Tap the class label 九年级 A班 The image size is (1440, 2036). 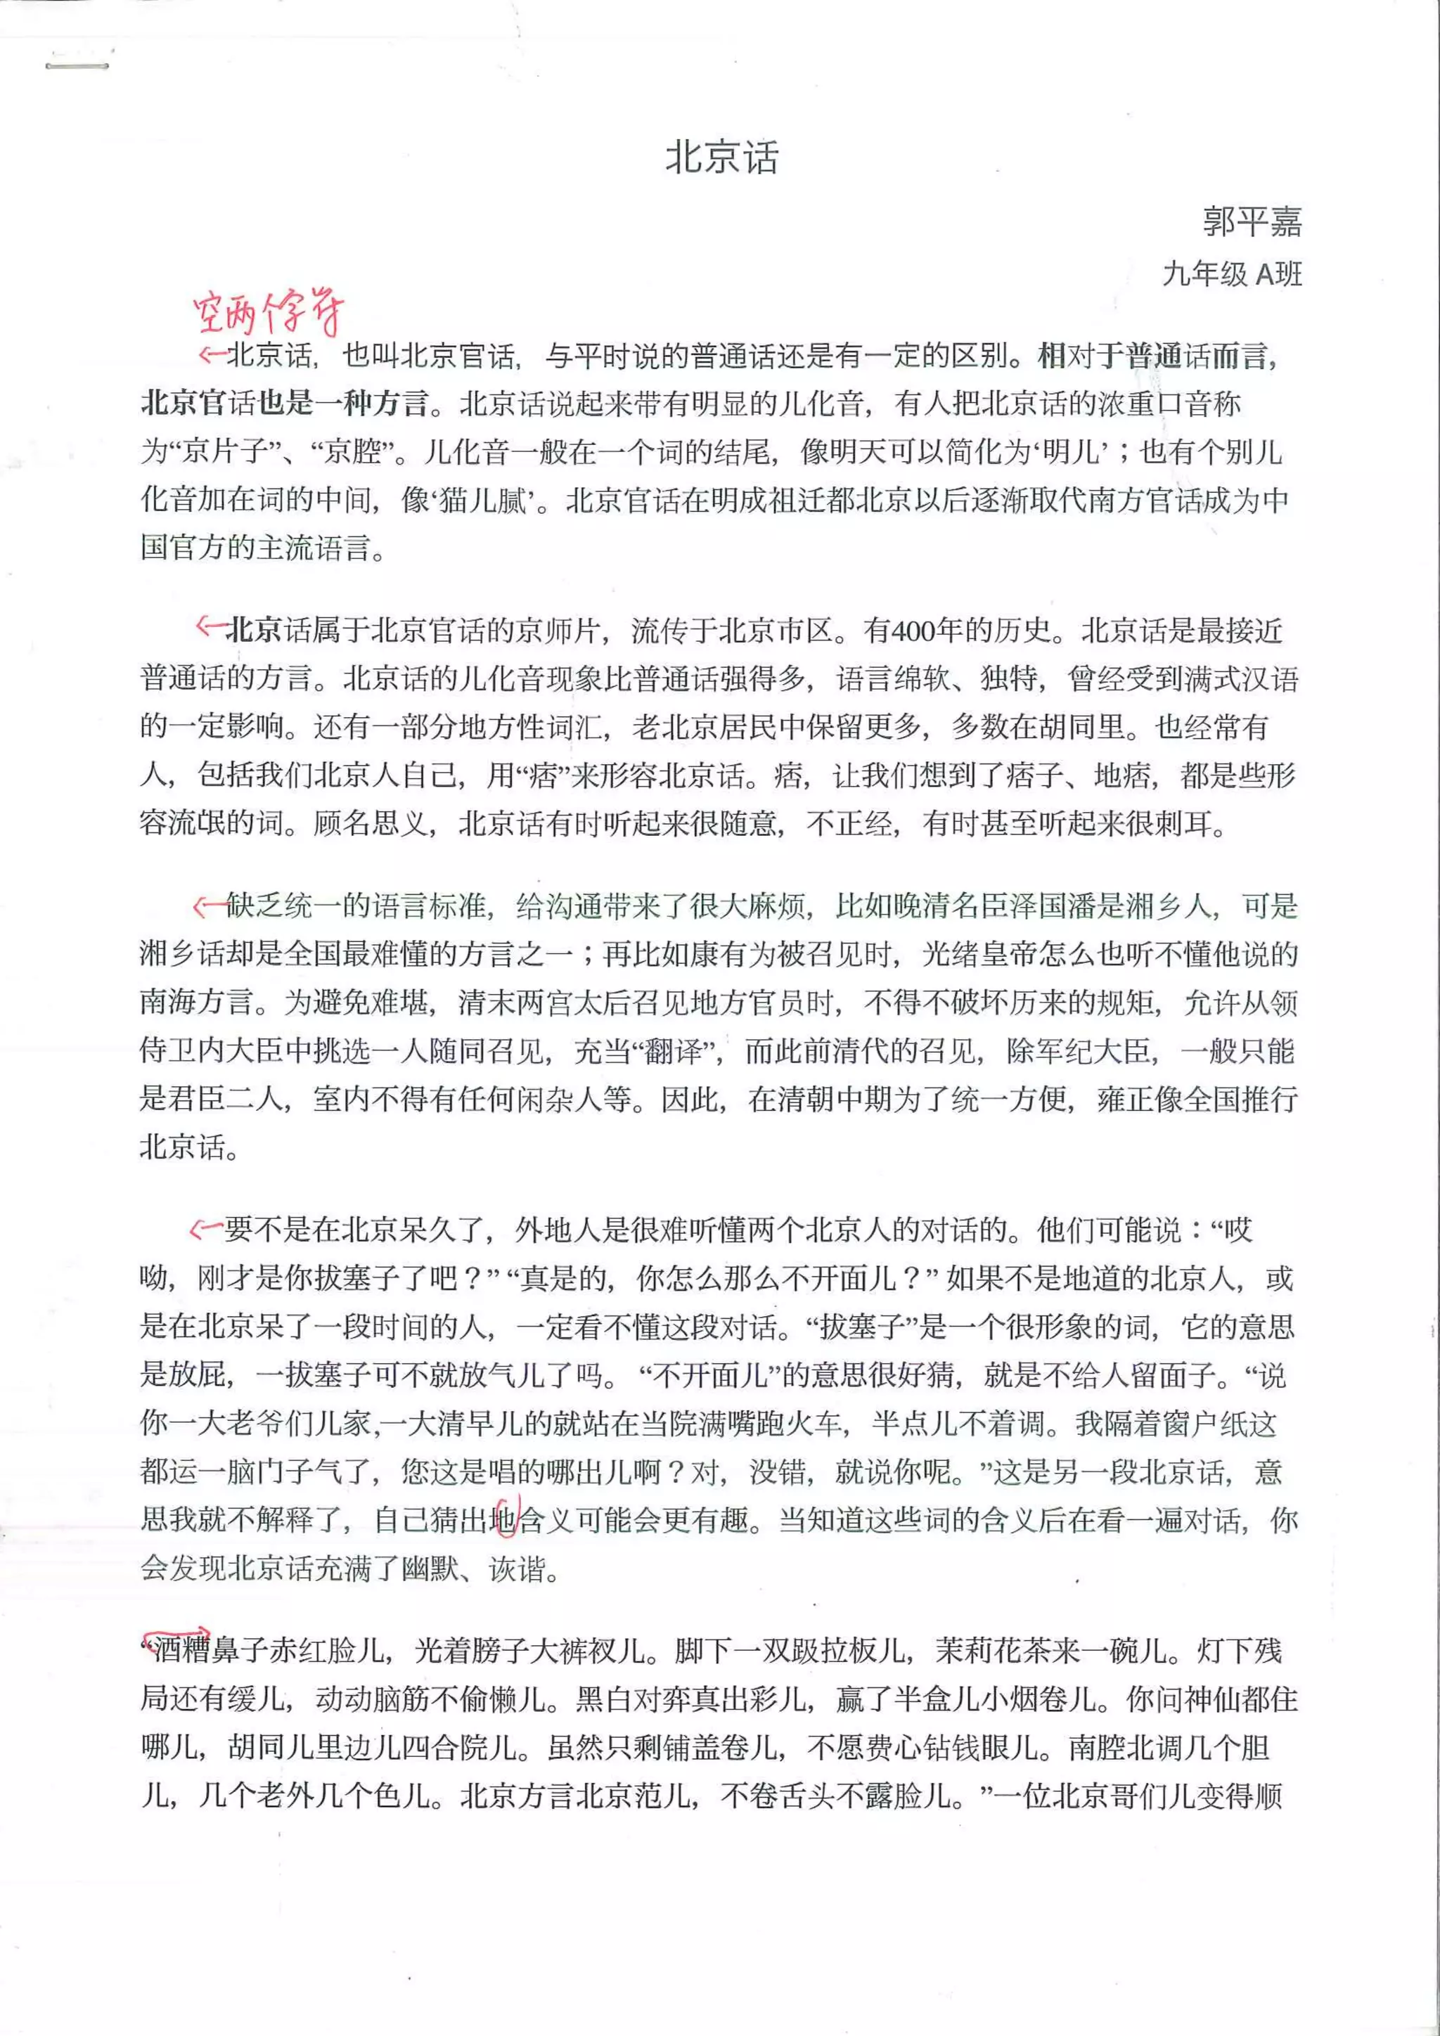[1232, 274]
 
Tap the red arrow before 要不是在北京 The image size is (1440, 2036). [206, 1229]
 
